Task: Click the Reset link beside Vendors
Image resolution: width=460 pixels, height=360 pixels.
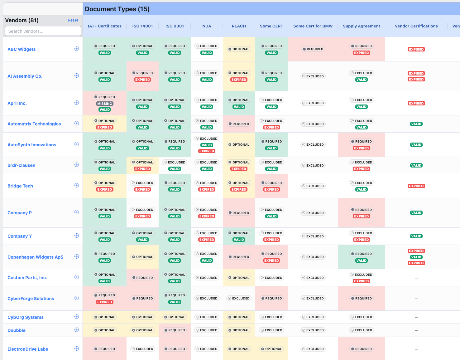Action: click(x=73, y=20)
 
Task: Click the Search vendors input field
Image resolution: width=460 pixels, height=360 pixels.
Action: click(x=43, y=31)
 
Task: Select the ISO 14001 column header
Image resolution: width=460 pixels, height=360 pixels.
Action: click(x=142, y=26)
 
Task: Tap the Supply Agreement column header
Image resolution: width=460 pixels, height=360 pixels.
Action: click(x=361, y=26)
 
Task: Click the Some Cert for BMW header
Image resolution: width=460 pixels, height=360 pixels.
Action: click(x=313, y=26)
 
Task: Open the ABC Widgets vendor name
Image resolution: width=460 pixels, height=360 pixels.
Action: click(x=22, y=49)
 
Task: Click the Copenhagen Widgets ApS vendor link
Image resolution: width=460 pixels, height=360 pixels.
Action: click(x=35, y=257)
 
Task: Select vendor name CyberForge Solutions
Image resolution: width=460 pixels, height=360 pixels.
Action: click(x=31, y=299)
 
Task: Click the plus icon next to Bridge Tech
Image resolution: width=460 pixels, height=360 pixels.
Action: click(x=77, y=185)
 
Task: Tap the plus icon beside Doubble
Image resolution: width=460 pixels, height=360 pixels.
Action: click(x=77, y=330)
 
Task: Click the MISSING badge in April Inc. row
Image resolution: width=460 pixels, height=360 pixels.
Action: click(x=104, y=104)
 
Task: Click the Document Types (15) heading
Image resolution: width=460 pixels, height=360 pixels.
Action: click(x=117, y=9)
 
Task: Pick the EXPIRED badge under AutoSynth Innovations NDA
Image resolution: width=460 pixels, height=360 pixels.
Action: click(x=207, y=151)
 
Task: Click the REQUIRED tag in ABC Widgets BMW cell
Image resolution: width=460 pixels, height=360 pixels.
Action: click(x=313, y=49)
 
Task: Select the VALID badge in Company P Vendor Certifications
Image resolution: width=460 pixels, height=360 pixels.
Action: click(x=416, y=213)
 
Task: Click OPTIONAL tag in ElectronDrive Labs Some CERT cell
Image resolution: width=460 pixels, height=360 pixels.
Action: click(x=271, y=349)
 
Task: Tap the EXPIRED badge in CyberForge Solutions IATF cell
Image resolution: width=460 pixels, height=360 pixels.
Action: click(x=104, y=302)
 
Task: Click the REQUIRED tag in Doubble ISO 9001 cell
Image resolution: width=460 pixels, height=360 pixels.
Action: click(x=175, y=330)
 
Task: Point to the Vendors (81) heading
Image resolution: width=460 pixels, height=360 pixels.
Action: click(x=22, y=20)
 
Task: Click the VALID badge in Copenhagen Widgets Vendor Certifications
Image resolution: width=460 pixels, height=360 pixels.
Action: click(x=416, y=257)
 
